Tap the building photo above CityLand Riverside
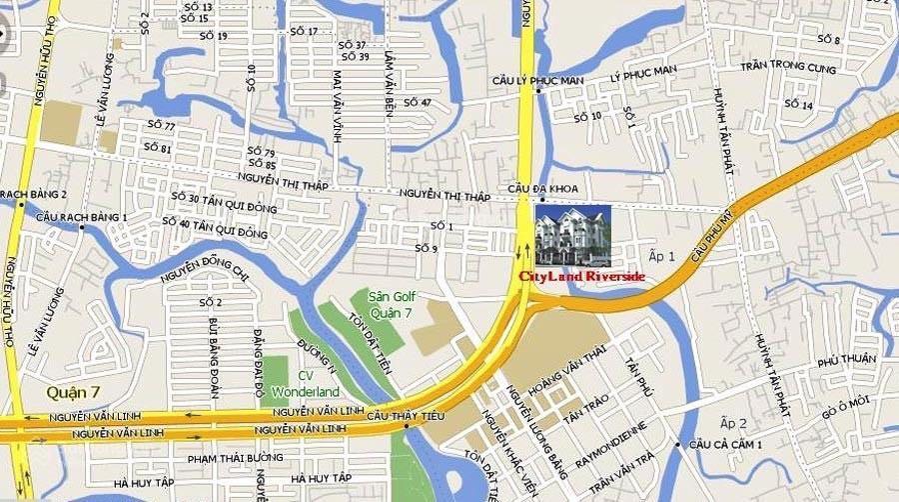pyautogui.click(x=572, y=236)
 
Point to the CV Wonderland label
pyautogui.click(x=306, y=384)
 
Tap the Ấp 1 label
pyautogui.click(x=662, y=257)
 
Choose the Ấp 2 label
pyautogui.click(x=733, y=423)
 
